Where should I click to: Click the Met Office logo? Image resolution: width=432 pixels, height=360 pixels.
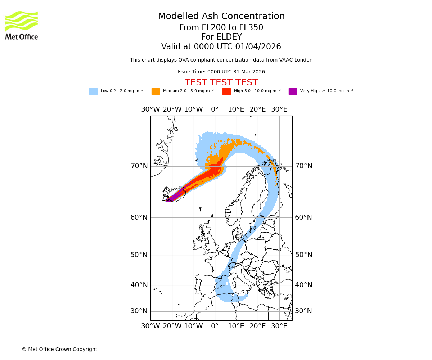coord(22,25)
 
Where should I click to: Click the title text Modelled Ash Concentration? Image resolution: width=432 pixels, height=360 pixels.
coord(221,17)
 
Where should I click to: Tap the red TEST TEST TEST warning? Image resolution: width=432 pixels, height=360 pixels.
coord(221,83)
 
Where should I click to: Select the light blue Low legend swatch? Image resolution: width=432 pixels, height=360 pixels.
coord(93,91)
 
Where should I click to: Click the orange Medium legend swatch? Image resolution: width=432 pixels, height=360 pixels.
coord(156,91)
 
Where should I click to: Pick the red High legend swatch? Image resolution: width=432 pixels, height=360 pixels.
coord(226,91)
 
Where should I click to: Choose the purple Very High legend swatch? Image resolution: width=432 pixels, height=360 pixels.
coord(293,91)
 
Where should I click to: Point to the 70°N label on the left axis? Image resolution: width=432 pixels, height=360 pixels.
coord(139,166)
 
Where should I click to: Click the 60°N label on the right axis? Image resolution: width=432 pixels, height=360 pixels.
coord(303,217)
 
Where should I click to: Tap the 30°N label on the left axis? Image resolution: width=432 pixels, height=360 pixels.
coord(139,311)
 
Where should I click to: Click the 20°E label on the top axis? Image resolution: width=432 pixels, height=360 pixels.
coord(258,109)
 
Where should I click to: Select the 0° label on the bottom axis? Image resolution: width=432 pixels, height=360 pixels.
coord(215,326)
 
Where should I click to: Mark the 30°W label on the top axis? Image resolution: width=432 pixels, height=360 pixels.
coord(150,109)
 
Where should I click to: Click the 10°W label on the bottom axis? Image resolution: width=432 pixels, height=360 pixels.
coord(193,326)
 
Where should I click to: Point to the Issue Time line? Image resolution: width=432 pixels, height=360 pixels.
coord(221,72)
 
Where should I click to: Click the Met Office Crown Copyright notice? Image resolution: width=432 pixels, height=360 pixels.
coord(59,350)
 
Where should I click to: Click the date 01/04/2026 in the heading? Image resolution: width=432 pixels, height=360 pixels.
coord(258,47)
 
